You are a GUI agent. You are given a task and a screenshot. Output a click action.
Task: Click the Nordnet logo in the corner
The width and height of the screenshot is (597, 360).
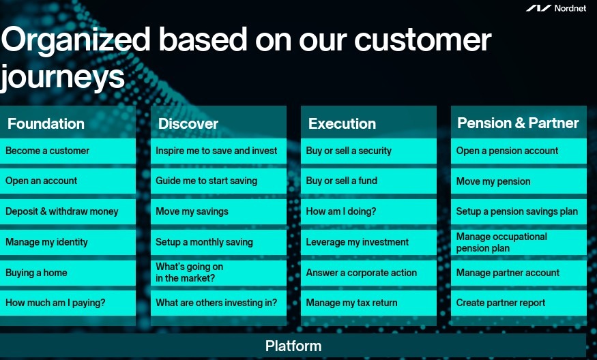click(556, 8)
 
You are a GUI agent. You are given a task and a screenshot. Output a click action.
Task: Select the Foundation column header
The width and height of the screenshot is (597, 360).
click(46, 123)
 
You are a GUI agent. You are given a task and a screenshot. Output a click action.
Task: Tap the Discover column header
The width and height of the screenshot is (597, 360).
click(188, 123)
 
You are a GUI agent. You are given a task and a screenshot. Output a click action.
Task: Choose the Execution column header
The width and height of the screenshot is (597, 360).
click(342, 123)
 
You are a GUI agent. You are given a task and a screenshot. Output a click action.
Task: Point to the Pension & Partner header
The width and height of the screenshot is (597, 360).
click(518, 123)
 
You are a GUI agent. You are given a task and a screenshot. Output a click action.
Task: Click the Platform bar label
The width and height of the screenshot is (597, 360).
click(293, 346)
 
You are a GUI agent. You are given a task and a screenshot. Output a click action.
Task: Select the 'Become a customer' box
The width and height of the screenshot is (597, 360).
click(68, 151)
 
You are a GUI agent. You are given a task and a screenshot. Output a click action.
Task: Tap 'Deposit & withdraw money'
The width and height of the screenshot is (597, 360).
click(68, 211)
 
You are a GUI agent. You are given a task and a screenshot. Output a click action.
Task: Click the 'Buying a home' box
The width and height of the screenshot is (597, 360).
click(68, 273)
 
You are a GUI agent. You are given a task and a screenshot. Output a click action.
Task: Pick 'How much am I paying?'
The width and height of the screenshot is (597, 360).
click(68, 303)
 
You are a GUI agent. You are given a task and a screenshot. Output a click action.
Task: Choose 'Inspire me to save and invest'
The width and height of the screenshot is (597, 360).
click(218, 151)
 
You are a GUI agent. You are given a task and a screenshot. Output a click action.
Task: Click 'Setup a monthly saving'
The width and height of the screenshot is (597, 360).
click(218, 242)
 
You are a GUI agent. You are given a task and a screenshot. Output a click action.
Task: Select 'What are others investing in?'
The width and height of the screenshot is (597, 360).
click(218, 303)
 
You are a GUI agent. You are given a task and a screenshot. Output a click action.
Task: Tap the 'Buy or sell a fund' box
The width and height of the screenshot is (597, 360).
click(368, 181)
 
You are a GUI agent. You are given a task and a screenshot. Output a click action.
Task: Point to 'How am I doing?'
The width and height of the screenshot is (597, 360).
click(368, 211)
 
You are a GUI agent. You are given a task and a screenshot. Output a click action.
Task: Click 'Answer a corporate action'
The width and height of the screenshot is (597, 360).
click(368, 273)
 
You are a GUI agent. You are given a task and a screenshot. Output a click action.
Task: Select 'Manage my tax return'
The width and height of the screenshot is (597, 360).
click(368, 303)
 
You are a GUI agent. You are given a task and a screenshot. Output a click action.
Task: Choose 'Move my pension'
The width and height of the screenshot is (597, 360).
click(519, 181)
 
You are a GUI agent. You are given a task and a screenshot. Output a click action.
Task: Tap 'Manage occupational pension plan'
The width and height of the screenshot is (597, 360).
click(519, 242)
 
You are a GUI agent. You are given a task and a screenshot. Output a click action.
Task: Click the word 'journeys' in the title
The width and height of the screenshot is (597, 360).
click(63, 78)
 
